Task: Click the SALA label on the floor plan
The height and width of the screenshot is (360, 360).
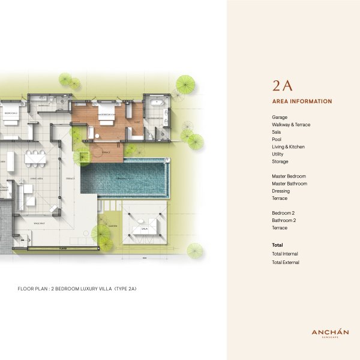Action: pyautogui.click(x=144, y=229)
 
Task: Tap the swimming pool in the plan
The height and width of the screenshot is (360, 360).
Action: pyautogui.click(x=125, y=178)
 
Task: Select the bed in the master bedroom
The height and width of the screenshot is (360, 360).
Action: pyautogui.click(x=106, y=119)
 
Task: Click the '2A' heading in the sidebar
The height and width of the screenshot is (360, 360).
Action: pyautogui.click(x=283, y=85)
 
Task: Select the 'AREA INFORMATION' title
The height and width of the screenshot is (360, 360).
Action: pyautogui.click(x=302, y=101)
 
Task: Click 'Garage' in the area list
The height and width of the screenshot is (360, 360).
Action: pyautogui.click(x=280, y=118)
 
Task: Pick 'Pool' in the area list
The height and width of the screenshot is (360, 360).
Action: pyautogui.click(x=277, y=139)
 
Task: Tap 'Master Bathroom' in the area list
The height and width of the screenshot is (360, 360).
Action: pyautogui.click(x=289, y=184)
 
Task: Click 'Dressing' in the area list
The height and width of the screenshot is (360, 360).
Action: pyautogui.click(x=281, y=191)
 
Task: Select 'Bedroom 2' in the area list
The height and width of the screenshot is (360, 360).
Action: pyautogui.click(x=283, y=213)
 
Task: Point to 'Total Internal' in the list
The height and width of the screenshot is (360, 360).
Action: pyautogui.click(x=286, y=254)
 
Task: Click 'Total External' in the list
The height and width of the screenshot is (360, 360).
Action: pyautogui.click(x=286, y=262)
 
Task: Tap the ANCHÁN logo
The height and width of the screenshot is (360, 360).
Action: pyautogui.click(x=330, y=333)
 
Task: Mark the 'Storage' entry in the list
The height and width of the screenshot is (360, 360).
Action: pyautogui.click(x=280, y=161)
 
